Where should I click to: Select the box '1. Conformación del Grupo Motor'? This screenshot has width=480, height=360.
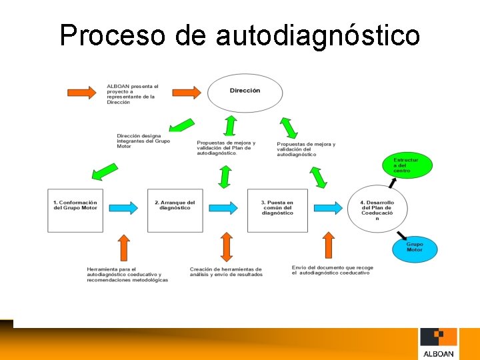point(75,211)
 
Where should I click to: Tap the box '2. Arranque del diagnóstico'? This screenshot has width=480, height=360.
point(175,211)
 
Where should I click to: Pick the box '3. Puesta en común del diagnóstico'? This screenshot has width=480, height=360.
point(277,211)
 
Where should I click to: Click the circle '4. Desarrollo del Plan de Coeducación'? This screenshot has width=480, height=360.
point(377,209)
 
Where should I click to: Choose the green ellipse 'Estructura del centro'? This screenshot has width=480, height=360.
point(406,165)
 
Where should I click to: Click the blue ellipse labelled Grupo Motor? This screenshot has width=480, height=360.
point(414,249)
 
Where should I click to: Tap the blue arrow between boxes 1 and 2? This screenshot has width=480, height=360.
point(124,207)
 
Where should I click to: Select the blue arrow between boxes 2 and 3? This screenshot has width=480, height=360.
point(225,207)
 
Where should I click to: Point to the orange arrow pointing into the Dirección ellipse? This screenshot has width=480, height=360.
point(188,91)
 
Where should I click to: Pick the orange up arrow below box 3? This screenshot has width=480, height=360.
point(328,247)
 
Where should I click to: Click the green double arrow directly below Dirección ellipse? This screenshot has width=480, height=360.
point(231,126)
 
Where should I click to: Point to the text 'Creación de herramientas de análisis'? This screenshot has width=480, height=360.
point(225,272)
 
